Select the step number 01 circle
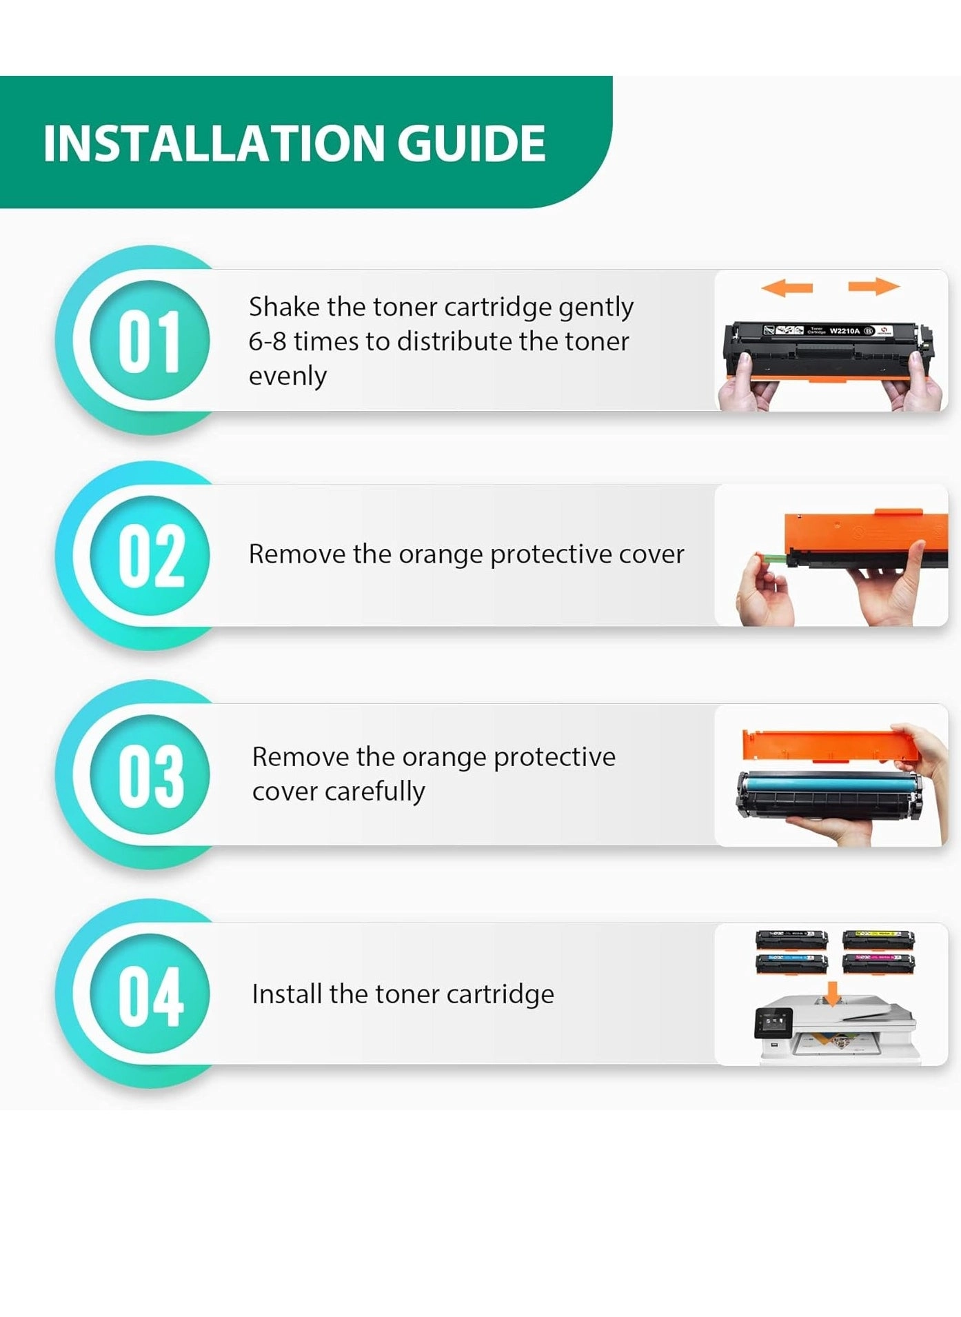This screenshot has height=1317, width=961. [150, 340]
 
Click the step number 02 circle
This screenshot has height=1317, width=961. [150, 555]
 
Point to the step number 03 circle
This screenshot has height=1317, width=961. [150, 774]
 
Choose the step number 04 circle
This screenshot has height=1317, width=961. [150, 994]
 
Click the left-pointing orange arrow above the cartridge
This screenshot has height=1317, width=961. [787, 288]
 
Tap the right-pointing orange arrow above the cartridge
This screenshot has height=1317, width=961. [874, 285]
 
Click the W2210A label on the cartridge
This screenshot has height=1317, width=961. [844, 331]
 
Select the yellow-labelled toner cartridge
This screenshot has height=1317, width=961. [878, 938]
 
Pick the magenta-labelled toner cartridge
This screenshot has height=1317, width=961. [878, 962]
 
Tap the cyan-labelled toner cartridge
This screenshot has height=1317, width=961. [791, 962]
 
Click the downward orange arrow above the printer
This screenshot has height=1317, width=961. [833, 994]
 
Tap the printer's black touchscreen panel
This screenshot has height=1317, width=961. [773, 1022]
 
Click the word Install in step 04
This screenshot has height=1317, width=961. [287, 994]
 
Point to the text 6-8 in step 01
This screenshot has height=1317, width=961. [267, 341]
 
